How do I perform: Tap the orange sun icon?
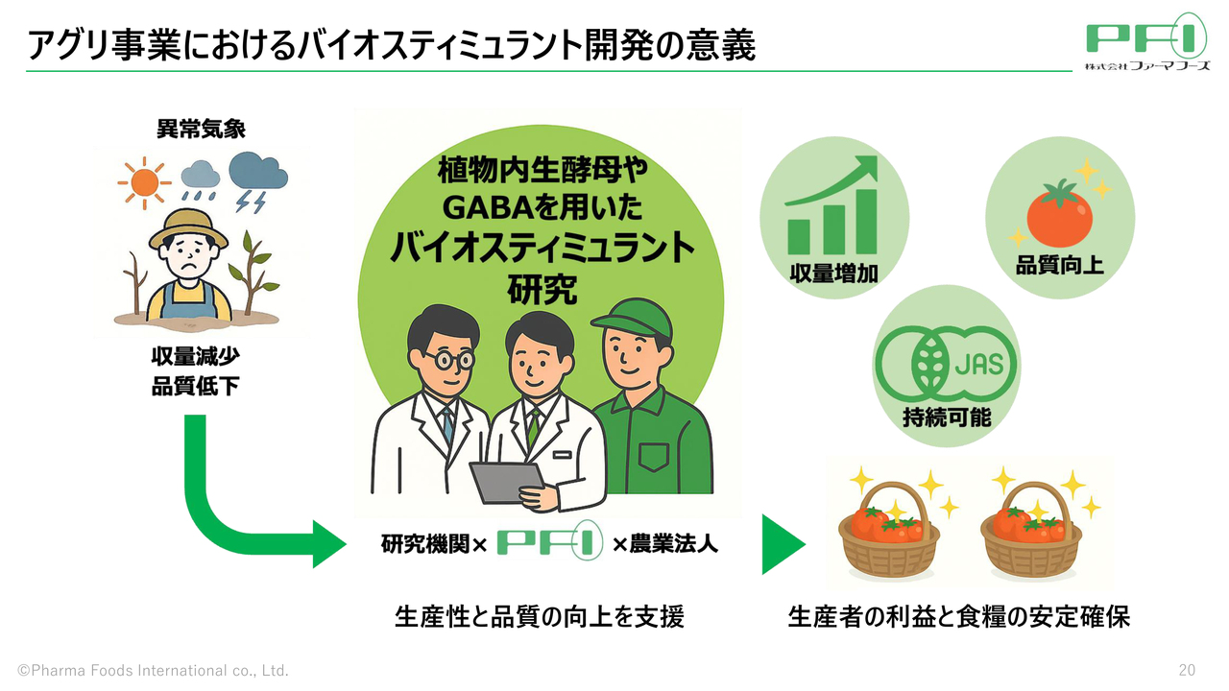click(144, 181)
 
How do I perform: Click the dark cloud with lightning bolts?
click(258, 173)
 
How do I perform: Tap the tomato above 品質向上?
click(1059, 214)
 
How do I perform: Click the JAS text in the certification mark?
click(978, 365)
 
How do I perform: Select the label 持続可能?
click(946, 417)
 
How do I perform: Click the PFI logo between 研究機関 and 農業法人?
click(549, 544)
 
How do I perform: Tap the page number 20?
click(1187, 669)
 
